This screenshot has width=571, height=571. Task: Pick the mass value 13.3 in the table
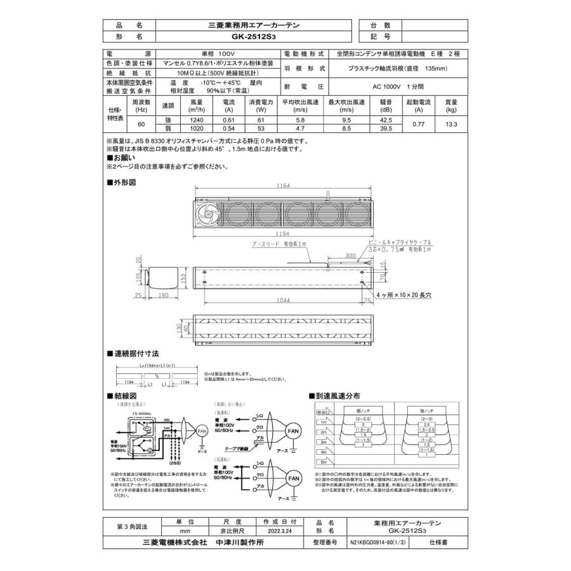click(451, 124)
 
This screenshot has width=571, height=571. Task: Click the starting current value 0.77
click(418, 124)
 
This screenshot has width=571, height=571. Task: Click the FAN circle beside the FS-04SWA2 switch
click(202, 431)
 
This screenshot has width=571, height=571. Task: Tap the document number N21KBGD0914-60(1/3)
click(379, 544)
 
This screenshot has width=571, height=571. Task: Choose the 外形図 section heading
click(123, 182)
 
